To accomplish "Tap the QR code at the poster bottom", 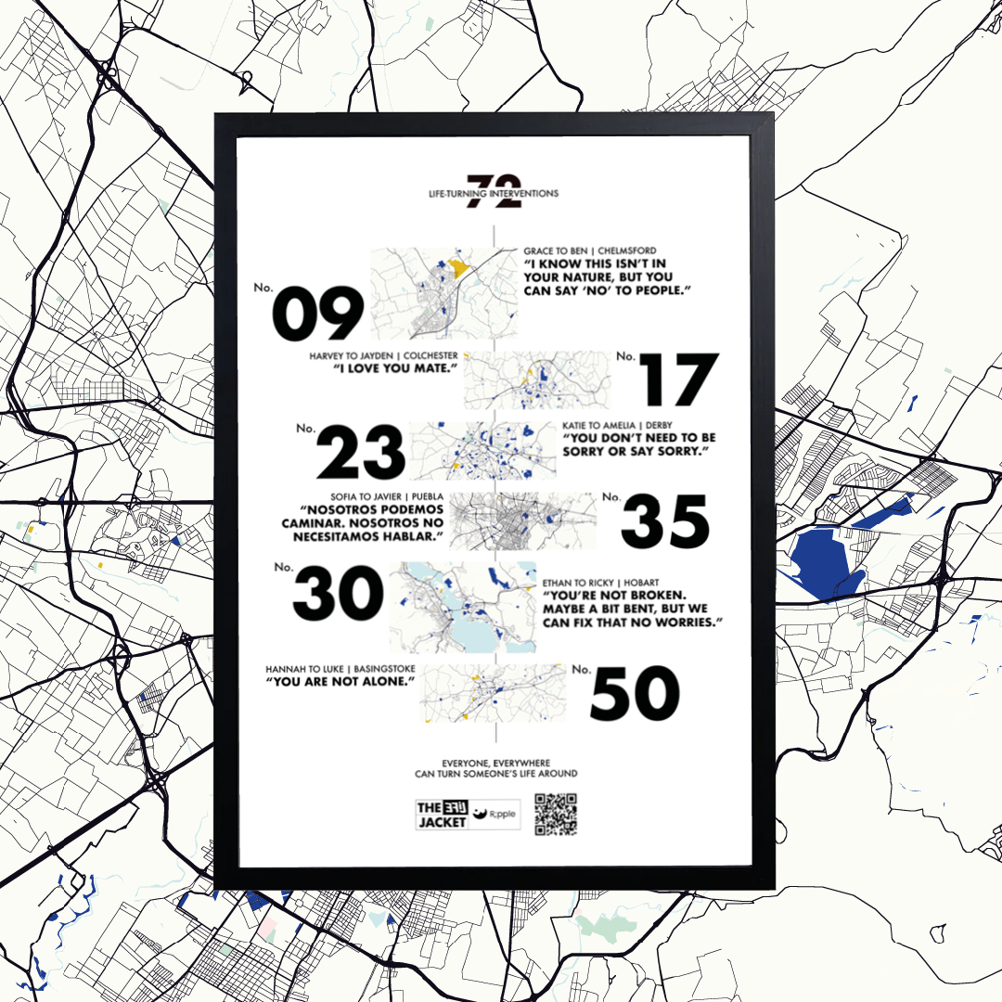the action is pos(557,814).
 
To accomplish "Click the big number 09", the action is pos(317,314).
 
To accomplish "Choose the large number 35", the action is pos(665,521).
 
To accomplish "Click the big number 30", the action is pos(339,595).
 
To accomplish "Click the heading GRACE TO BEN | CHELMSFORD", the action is pos(589,250).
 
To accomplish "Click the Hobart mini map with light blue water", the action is pos(462,608).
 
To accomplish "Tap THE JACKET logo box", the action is pos(442,814).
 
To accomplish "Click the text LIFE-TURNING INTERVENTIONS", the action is pos(488,194).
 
